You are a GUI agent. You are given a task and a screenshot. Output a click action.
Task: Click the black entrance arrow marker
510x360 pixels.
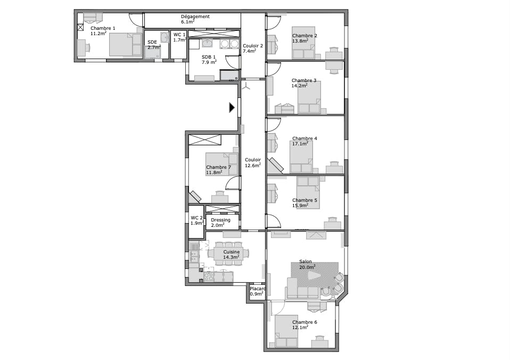point(232,108)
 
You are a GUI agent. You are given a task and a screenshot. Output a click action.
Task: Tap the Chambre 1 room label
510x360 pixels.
point(103,28)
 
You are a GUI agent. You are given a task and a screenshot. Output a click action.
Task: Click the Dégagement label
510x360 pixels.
point(195,17)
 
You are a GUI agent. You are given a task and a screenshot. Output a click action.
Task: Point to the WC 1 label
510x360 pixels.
point(179,35)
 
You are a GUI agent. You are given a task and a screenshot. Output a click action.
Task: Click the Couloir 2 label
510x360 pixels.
point(253,46)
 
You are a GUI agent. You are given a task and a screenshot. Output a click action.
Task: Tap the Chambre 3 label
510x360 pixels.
point(304,80)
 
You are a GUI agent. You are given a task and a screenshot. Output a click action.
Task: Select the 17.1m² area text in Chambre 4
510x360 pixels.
point(300,144)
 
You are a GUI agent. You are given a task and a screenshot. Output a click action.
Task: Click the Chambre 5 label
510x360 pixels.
point(305,200)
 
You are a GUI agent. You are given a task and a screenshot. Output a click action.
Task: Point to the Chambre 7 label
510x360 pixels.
point(218,167)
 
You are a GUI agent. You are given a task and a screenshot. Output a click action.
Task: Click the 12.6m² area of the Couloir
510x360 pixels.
point(252,166)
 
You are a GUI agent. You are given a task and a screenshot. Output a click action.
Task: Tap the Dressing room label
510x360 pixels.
point(220,220)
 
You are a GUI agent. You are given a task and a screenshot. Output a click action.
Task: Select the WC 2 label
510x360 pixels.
point(196,218)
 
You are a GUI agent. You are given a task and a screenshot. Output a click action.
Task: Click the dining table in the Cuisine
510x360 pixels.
point(228,254)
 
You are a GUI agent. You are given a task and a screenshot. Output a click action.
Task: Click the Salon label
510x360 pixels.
point(306,261)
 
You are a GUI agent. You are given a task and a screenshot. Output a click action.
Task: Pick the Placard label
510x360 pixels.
point(258,289)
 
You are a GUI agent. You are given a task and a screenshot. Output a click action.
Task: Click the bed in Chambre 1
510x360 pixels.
point(126,45)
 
